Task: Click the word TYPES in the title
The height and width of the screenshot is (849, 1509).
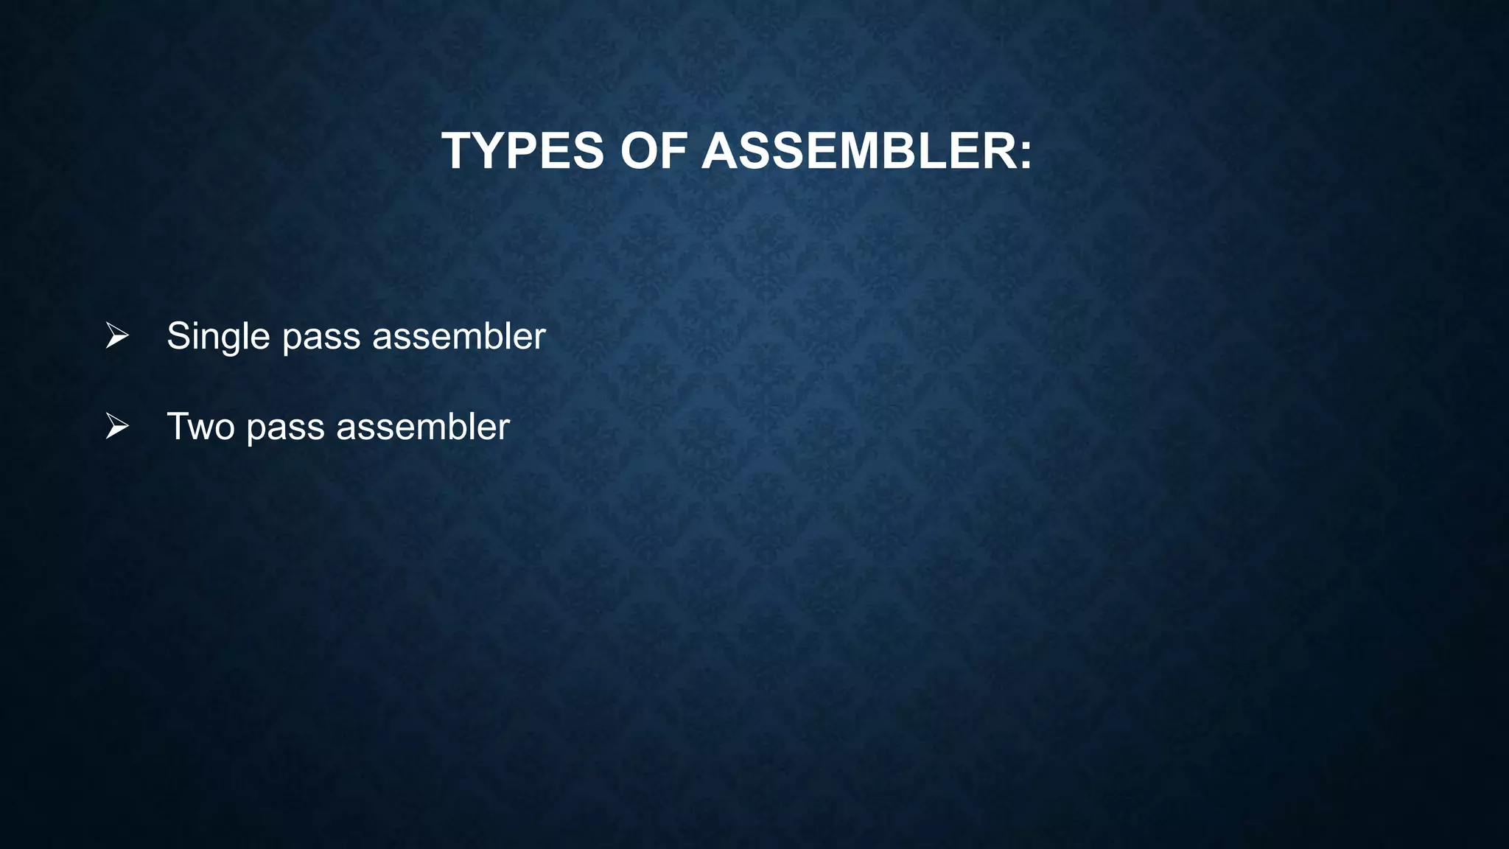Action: point(522,151)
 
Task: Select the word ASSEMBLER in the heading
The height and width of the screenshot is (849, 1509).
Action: point(858,151)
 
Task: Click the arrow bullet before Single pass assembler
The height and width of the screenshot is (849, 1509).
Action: point(116,335)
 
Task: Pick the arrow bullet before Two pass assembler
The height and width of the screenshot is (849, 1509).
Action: point(116,426)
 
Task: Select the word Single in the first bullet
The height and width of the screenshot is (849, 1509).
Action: point(218,337)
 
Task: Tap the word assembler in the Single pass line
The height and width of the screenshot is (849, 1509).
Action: point(458,337)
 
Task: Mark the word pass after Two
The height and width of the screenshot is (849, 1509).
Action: point(285,427)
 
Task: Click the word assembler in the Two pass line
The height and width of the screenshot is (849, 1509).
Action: point(422,427)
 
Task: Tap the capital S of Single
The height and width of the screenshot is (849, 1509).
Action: point(178,337)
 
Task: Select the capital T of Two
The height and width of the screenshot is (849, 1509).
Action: point(178,427)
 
